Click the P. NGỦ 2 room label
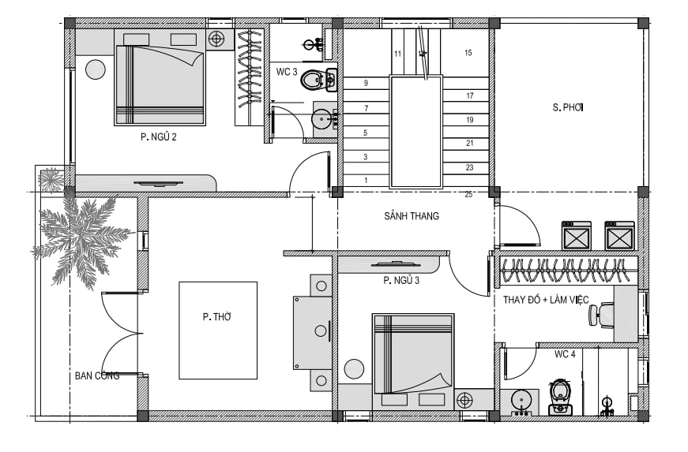click(x=159, y=137)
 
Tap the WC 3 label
click(x=287, y=72)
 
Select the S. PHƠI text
click(x=568, y=107)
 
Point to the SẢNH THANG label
click(x=412, y=216)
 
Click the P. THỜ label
click(x=216, y=316)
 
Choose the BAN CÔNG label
click(x=97, y=375)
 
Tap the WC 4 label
click(x=565, y=354)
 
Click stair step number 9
click(x=366, y=83)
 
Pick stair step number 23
click(x=469, y=167)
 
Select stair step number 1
click(x=366, y=180)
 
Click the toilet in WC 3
click(x=314, y=80)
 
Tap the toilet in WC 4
click(x=561, y=398)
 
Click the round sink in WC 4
click(x=521, y=400)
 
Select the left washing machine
click(x=577, y=236)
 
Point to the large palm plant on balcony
click(x=81, y=241)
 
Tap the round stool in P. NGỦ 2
click(x=96, y=69)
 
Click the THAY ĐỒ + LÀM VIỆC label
click(x=546, y=300)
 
